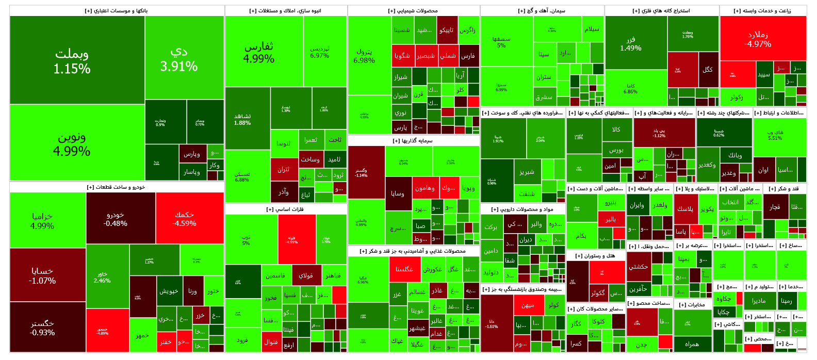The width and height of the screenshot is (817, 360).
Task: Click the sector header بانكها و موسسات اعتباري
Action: point(117,11)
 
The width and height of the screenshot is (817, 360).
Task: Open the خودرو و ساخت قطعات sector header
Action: point(117,187)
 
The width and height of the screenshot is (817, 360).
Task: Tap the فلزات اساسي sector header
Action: point(285,209)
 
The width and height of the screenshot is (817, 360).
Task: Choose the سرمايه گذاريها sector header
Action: point(413,141)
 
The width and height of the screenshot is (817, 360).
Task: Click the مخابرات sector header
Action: point(692,305)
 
